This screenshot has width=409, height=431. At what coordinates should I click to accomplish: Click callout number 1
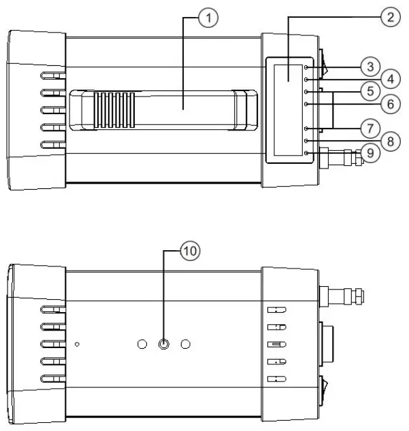click(213, 19)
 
